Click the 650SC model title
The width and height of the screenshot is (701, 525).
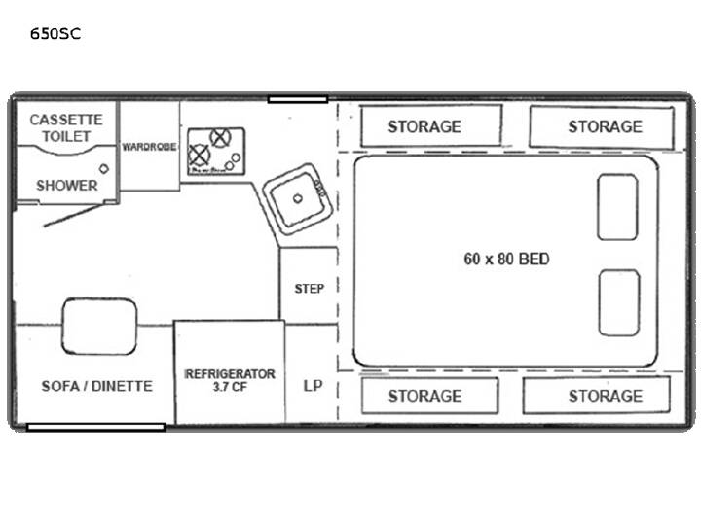pos(55,33)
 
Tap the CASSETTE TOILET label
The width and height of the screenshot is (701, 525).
pos(66,127)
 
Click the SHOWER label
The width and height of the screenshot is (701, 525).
pos(67,186)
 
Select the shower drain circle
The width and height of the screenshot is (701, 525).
pos(104,169)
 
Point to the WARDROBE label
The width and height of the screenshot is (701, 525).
pos(149,147)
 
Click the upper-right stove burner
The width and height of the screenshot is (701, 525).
pos(220,137)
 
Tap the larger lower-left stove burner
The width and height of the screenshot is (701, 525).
pos(199,156)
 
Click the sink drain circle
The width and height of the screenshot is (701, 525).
pos(298,198)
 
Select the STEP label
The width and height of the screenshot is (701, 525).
pos(310,289)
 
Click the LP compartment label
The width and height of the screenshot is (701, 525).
pos(313,386)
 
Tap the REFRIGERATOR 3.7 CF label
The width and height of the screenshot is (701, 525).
pos(230,380)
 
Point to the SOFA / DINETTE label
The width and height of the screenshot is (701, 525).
pos(97,386)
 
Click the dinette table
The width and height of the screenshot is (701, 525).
pos(99,327)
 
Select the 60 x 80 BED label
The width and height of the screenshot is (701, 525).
pos(506,259)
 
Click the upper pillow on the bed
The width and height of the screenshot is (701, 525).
pos(617,207)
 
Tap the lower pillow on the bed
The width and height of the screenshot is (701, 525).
pos(619,302)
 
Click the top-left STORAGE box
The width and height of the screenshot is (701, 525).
pos(431,125)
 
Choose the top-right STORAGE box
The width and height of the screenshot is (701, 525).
pos(602,126)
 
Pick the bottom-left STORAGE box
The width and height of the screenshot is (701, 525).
pos(429,396)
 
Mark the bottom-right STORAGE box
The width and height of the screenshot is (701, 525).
pos(597,395)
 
